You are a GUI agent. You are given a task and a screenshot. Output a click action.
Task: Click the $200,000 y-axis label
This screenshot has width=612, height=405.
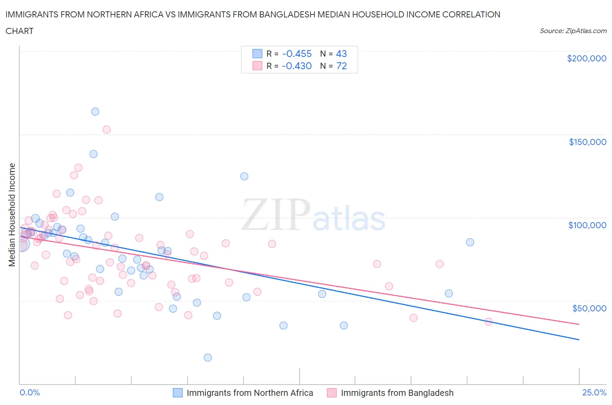[586, 58]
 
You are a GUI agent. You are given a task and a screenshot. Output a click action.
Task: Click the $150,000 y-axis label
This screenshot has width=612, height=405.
[587, 142]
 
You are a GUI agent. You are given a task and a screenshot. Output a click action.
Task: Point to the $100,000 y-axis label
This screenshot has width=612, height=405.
[587, 225]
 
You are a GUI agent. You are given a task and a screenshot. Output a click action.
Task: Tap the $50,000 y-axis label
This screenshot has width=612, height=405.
[589, 308]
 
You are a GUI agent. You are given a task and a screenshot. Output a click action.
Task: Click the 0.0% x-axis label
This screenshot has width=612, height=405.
[30, 392]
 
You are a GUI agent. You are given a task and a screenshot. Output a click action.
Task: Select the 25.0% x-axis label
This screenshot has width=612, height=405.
[594, 392]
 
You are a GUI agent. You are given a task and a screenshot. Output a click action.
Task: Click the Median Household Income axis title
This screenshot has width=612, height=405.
[12, 215]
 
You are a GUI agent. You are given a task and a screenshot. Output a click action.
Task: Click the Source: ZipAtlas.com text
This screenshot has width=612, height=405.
[573, 31]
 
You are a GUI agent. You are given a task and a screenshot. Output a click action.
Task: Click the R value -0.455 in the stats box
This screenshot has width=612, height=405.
[297, 54]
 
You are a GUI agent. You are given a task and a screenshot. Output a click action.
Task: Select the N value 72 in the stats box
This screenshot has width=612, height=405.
[342, 66]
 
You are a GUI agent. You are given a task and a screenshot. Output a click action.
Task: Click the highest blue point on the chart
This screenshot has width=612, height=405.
[95, 111]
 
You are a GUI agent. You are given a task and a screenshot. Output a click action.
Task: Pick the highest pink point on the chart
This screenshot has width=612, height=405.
[106, 129]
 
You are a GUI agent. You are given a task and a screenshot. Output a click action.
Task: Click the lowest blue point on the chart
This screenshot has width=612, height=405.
[208, 358]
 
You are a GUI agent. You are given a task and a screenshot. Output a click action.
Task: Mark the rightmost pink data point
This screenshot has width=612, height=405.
[488, 321]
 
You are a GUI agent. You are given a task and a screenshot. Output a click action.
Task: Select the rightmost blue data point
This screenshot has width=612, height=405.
[470, 242]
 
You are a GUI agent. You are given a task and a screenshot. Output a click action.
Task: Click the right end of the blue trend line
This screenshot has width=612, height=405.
[579, 339]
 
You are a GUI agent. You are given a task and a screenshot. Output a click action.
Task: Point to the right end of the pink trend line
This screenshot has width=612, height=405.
[579, 324]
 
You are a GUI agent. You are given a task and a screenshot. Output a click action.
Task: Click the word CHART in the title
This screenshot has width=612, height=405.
[20, 31]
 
